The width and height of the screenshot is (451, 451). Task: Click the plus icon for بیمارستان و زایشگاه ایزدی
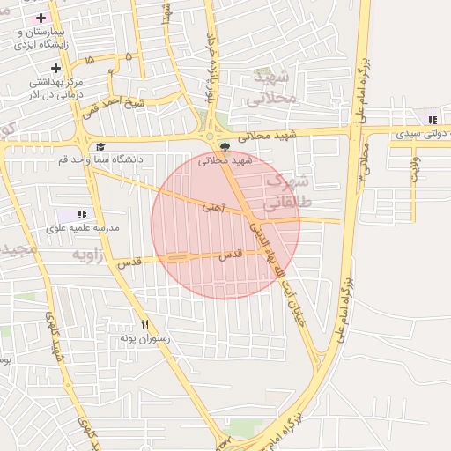[41, 18]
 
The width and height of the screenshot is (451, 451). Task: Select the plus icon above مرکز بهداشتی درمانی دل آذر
[55, 68]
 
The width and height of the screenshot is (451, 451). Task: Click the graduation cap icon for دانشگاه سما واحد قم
[100, 146]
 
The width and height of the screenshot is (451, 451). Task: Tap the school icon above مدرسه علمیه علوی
[82, 214]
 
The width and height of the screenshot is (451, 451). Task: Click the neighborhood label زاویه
[87, 255]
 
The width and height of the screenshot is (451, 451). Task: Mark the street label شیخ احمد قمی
[114, 108]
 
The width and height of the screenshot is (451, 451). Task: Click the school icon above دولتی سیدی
[432, 120]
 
